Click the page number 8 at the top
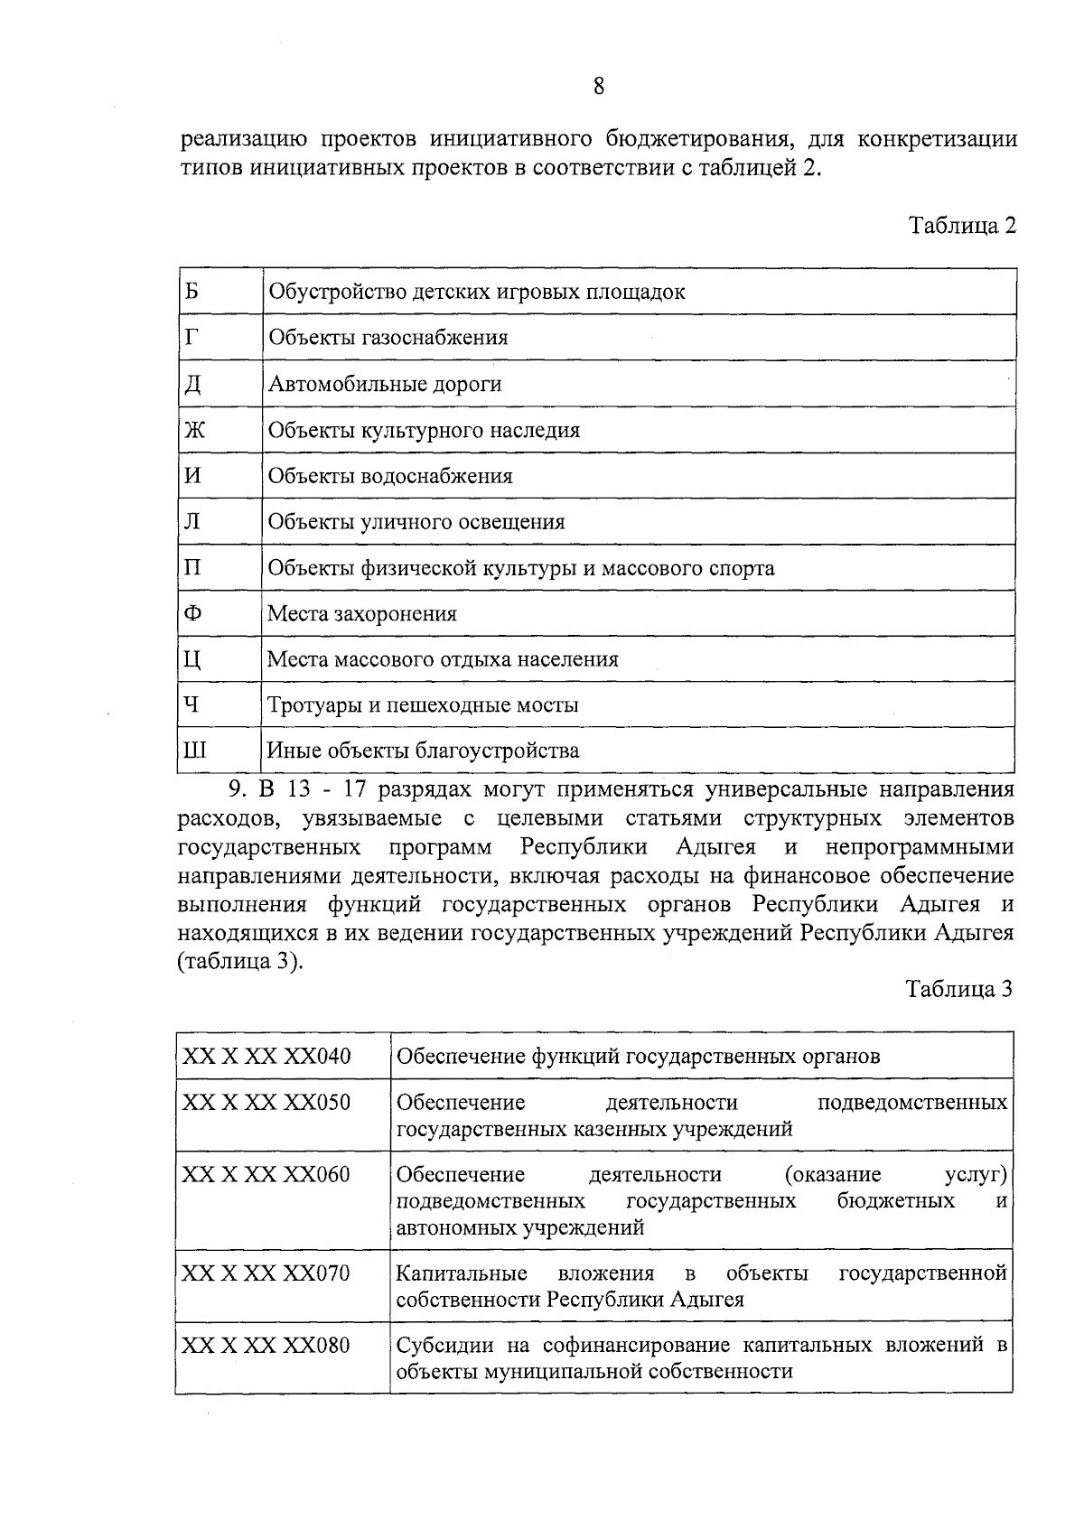[x=598, y=87]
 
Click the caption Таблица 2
[x=962, y=226]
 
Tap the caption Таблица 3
[x=959, y=989]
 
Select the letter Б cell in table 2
[x=192, y=292]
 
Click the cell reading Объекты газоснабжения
[x=388, y=338]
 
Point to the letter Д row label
[x=192, y=385]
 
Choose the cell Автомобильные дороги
[x=385, y=385]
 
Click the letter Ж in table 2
[x=194, y=430]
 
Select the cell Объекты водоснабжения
[x=390, y=477]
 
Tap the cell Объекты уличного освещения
[x=416, y=522]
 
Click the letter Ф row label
[x=192, y=613]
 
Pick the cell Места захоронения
[x=362, y=614]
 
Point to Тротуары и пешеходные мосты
[x=423, y=705]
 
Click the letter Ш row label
[x=194, y=751]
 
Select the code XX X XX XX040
[x=266, y=1056]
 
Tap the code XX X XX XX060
[x=266, y=1175]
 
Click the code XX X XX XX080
[x=266, y=1346]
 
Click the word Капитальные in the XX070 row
[x=462, y=1273]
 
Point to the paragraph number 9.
[x=237, y=790]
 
